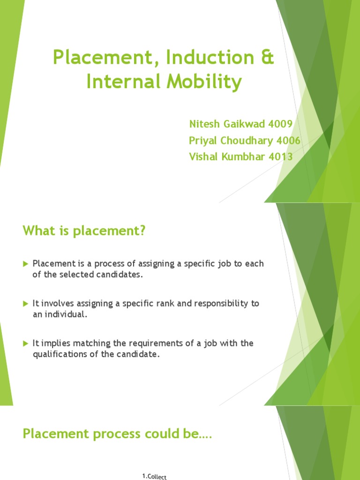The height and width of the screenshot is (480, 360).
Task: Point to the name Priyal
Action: [x=204, y=141]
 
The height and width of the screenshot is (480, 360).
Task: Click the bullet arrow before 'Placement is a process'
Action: [x=26, y=264]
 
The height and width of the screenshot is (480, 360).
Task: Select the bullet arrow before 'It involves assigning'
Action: [x=26, y=304]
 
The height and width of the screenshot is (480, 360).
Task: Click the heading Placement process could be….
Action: [x=117, y=434]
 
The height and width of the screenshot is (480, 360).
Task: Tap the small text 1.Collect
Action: [x=154, y=477]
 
